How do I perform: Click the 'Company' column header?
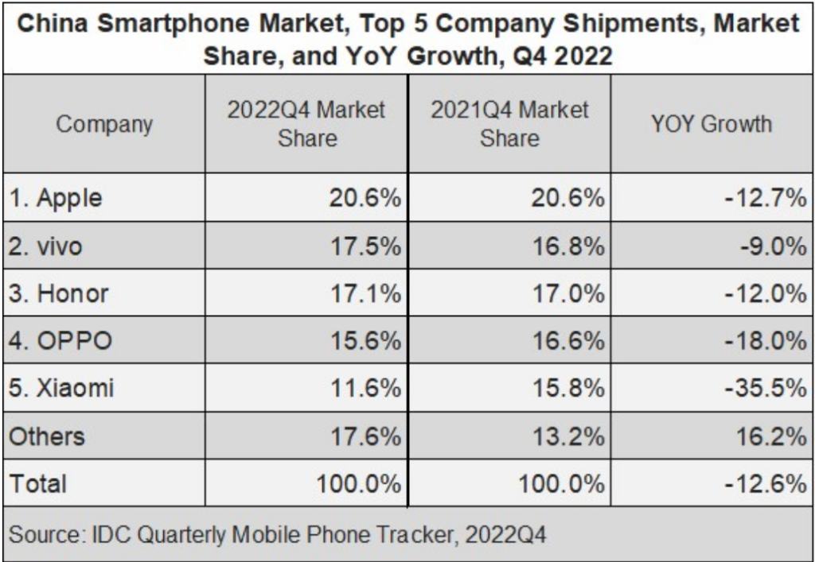point(104,124)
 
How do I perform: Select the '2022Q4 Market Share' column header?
point(306,124)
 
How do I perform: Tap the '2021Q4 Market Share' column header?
point(509,124)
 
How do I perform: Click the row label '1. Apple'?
point(56,199)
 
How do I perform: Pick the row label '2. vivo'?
point(46,246)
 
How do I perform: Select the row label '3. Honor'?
point(58,294)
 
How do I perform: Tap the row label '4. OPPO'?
point(60,341)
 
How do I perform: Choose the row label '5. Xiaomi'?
point(62,389)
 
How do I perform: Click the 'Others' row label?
point(47,436)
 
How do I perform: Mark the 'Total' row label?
point(38,483)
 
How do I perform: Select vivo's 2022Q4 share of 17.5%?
point(365,246)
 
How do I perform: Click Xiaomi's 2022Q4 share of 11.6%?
point(365,389)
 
